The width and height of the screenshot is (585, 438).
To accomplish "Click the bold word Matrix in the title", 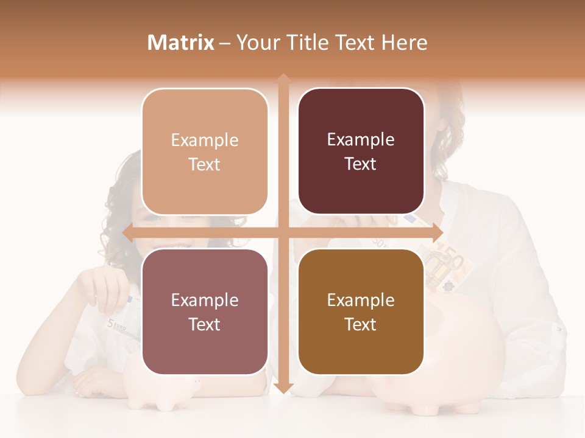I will [181, 43].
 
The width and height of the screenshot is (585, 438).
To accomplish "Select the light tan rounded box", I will [205, 151].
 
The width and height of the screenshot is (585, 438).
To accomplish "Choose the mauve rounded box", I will [205, 311].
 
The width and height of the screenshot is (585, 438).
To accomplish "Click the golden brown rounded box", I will [361, 311].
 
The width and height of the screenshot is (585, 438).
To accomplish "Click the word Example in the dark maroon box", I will [361, 140].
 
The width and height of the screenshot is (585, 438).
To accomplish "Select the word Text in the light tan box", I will [205, 165].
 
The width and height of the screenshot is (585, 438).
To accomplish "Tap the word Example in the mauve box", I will [205, 301].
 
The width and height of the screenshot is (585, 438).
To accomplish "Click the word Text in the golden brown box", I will [361, 325].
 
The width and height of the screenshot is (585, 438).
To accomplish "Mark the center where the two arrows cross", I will [283, 232].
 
